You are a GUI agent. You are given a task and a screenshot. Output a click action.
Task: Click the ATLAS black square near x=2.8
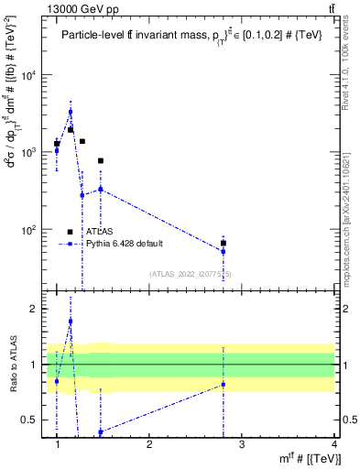pos(224,244)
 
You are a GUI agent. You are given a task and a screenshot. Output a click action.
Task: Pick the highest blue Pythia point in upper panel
pos(71,112)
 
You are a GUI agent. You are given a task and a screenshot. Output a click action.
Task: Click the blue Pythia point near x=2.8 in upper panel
pos(224,251)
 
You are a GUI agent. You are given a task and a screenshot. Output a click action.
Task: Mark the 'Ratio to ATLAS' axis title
pos(13,364)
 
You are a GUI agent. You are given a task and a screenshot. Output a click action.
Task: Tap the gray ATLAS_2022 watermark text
pos(191,274)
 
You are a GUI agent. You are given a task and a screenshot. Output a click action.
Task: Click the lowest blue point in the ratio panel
pos(101,431)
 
